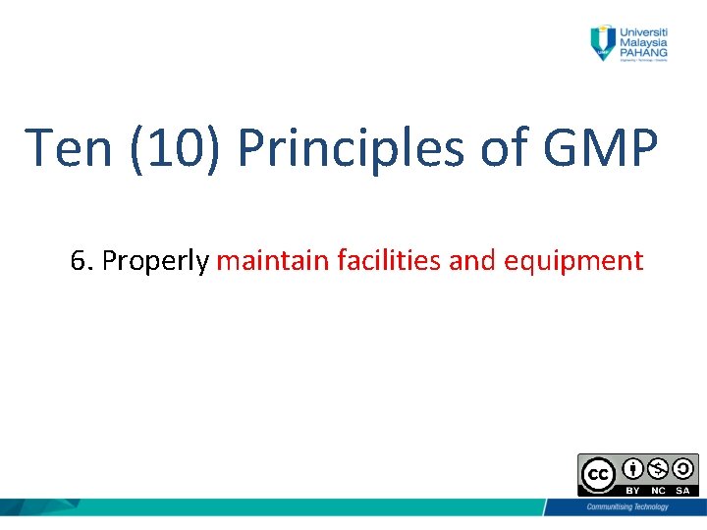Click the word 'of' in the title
(x=502, y=148)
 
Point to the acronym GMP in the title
(x=600, y=148)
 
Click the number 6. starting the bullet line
(x=82, y=261)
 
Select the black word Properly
(x=155, y=261)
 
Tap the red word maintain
(x=273, y=261)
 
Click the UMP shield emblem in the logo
(x=601, y=42)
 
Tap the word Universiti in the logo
(x=644, y=30)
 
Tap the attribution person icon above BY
(x=632, y=468)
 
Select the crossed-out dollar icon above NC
(x=657, y=468)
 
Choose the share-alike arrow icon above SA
(x=681, y=468)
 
